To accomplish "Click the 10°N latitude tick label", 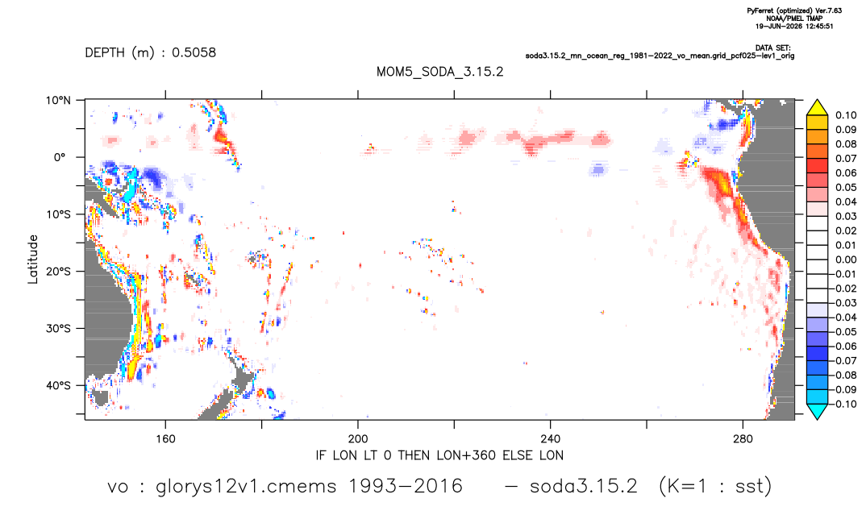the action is pos(58,101).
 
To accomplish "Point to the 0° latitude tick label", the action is pos(60,157).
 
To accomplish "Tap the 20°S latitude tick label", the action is pos(58,272).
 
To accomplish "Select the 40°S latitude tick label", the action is pos(58,385).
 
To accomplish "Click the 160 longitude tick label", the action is pos(165,439).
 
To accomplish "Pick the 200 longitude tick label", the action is pos(358,439).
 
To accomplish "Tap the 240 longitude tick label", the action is pos(551,439).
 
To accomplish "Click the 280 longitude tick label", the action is pos(743,439).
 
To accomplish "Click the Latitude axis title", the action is pos(33,259).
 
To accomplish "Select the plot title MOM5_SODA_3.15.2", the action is pos(440,73).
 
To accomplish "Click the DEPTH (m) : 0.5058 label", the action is pos(150,53).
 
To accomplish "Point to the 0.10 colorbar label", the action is pos(846,115).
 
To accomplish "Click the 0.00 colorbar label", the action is pos(846,259).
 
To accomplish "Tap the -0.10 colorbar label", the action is pos(843,404).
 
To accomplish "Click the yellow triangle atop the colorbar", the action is pos(817,108).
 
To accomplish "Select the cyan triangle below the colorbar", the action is pos(817,411).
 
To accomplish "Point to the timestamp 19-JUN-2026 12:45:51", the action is pos(794,26).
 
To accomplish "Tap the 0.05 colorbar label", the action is pos(846,188).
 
